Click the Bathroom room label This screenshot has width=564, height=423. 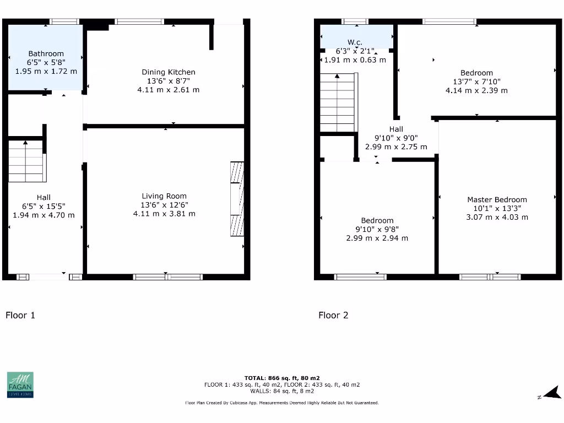46,54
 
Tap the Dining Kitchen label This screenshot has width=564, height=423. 169,72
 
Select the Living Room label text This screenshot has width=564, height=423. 164,196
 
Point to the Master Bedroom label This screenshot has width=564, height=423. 497,200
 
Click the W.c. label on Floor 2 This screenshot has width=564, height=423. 355,42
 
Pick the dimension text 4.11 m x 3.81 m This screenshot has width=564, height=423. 164,214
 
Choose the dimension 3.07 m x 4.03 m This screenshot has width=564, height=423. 497,217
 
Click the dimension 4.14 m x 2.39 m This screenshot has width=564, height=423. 476,90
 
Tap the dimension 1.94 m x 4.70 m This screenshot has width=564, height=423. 44,215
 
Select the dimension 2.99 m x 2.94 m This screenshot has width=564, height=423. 377,238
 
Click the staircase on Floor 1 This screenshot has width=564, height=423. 26,161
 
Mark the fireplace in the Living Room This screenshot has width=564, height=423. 237,199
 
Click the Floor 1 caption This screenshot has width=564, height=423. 20,315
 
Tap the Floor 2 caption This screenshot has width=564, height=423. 333,315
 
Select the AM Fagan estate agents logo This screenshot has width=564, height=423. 20,384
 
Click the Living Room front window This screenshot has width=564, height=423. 168,276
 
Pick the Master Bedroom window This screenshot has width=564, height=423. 489,276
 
